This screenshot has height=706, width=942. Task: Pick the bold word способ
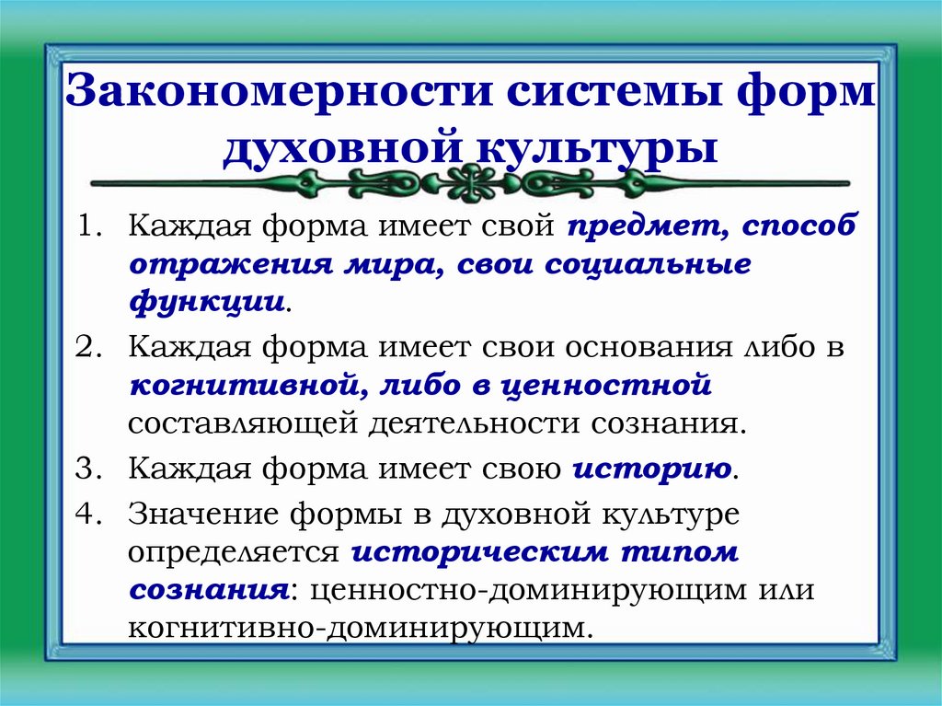799,226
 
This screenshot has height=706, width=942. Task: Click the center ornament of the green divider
471,181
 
